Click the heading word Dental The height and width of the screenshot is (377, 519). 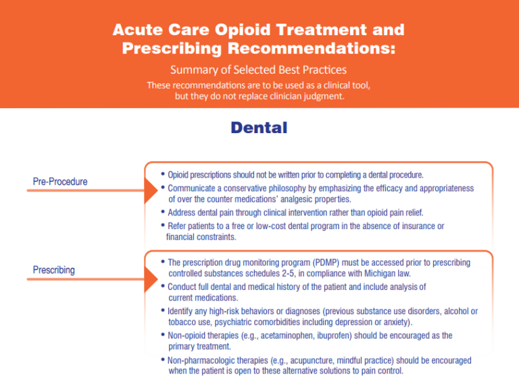pyautogui.click(x=259, y=128)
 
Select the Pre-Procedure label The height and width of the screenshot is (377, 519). pyautogui.click(x=60, y=182)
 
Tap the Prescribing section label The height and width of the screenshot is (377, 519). pyautogui.click(x=54, y=270)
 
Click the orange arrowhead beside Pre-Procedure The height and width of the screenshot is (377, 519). pyautogui.click(x=151, y=191)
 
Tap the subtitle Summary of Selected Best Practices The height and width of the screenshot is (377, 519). pyautogui.click(x=259, y=70)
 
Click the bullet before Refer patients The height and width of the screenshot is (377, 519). pyautogui.click(x=164, y=226)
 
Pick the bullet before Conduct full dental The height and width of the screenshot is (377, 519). pyautogui.click(x=164, y=286)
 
